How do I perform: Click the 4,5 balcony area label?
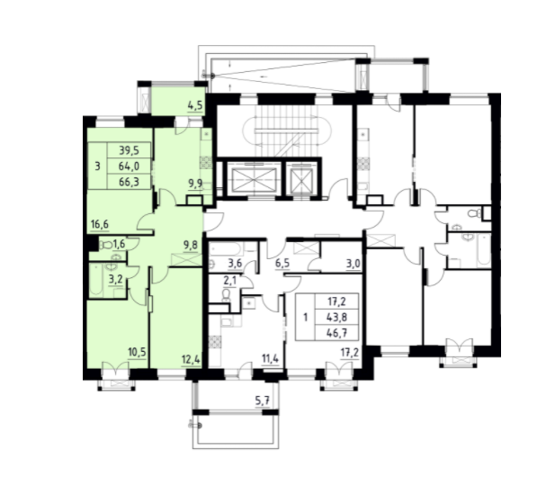(195, 106)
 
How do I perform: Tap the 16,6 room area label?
(100, 224)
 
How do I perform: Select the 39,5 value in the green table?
(130, 150)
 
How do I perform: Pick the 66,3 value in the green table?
(130, 182)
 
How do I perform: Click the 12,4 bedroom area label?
(191, 360)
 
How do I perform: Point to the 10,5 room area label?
(137, 353)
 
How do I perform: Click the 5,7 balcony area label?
(263, 401)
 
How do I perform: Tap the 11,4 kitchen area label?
(270, 359)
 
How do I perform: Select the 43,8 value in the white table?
(337, 318)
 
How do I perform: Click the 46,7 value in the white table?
(337, 333)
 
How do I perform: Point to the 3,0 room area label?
(354, 265)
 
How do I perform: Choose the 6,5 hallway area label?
(282, 263)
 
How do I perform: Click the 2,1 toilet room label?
(229, 281)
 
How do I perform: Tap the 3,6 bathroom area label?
(235, 263)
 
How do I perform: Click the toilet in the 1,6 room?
(105, 244)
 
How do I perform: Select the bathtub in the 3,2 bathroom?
(96, 280)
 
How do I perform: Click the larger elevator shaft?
(254, 179)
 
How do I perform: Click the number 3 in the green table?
(98, 166)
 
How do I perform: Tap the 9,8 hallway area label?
(191, 244)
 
